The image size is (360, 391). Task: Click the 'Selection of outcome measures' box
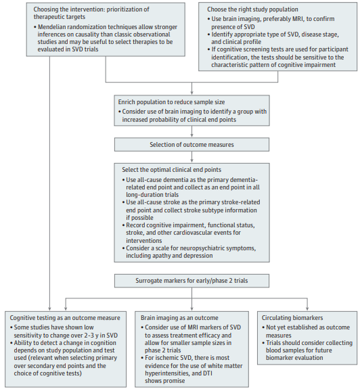pyautogui.click(x=192, y=144)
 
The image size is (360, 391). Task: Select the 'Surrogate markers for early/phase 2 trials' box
pyautogui.click(x=192, y=281)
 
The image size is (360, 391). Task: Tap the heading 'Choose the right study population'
pyautogui.click(x=252, y=9)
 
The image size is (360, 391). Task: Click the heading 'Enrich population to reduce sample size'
pyautogui.click(x=171, y=102)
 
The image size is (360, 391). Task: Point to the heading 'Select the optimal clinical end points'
pyautogui.click(x=171, y=170)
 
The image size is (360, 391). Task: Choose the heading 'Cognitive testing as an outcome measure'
pyautogui.click(x=65, y=318)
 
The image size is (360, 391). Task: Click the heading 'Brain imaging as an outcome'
pyautogui.click(x=179, y=318)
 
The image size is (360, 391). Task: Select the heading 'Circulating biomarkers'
pyautogui.click(x=292, y=318)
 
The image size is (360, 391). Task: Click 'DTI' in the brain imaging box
pyautogui.click(x=206, y=373)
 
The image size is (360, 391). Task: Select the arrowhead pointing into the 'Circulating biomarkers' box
pyautogui.click(x=307, y=308)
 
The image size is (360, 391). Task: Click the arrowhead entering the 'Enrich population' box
pyautogui.click(x=192, y=93)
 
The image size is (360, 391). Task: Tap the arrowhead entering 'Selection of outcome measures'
pyautogui.click(x=192, y=135)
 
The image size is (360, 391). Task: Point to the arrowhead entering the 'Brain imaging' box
pyautogui.click(x=192, y=308)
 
